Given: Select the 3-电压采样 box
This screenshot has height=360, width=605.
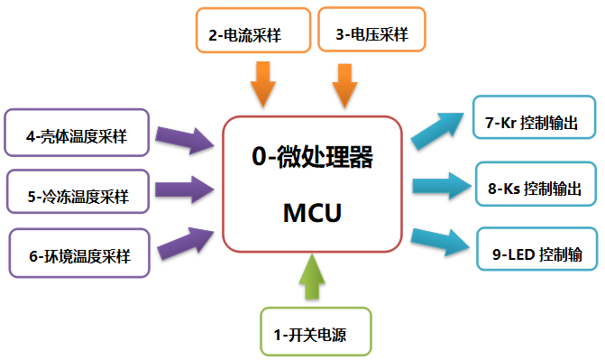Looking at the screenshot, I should point(371,35).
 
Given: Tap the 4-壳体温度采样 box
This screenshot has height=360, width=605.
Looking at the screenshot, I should point(77,136).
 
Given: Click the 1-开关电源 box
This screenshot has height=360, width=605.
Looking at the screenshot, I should point(310,335).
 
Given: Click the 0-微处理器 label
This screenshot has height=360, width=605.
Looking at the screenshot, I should point(312,158).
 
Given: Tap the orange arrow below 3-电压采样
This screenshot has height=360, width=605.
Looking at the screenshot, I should point(346,83).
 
